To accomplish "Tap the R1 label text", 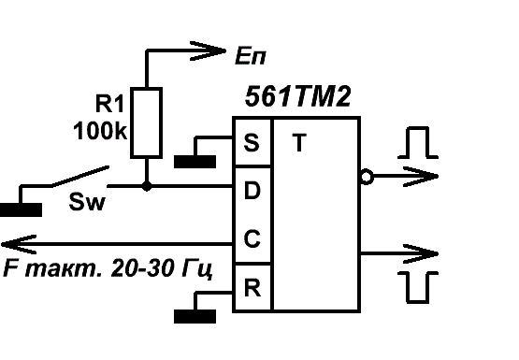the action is (x=109, y=104).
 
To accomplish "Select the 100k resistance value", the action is (x=100, y=131).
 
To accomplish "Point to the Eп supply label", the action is (x=251, y=56).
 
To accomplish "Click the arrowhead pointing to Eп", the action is (x=208, y=50).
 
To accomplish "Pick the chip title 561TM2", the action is (x=297, y=96).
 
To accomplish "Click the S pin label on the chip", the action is (x=252, y=143).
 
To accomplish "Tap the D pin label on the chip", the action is (x=252, y=190).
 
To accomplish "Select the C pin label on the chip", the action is (x=252, y=238).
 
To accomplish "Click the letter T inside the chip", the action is (x=299, y=142).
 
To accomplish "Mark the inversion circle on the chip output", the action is (x=367, y=177).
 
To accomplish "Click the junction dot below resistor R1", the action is (x=146, y=186).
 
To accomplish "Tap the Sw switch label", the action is (x=87, y=202).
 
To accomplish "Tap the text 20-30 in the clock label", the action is (x=144, y=267).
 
